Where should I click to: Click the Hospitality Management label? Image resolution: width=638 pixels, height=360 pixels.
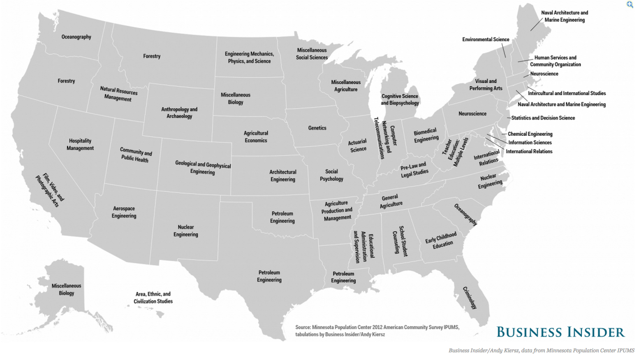click(x=80, y=144)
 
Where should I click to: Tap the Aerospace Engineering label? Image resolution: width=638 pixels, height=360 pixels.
click(x=124, y=212)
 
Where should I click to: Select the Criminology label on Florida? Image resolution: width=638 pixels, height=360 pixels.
click(x=470, y=298)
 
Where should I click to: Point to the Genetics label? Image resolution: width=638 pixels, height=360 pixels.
click(x=317, y=128)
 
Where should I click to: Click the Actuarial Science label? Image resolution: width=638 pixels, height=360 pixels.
click(x=358, y=145)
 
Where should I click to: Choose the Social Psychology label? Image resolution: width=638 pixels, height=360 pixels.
click(x=331, y=175)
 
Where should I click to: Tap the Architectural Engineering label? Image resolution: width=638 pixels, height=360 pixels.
click(x=283, y=176)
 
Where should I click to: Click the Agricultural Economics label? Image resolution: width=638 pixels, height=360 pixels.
click(x=256, y=137)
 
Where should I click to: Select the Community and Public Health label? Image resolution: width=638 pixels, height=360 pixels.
click(x=135, y=155)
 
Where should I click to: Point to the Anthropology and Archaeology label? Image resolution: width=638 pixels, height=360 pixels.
click(x=179, y=113)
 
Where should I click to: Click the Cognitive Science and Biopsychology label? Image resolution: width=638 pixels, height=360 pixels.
click(x=400, y=100)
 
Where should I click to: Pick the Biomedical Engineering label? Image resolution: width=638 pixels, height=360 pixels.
click(x=426, y=135)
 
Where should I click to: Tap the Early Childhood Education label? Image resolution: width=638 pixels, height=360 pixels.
click(x=442, y=240)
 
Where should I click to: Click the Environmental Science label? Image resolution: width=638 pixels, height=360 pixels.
click(x=486, y=40)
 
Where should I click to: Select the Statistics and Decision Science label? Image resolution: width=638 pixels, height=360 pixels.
click(x=543, y=118)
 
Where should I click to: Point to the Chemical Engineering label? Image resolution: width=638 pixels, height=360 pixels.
click(x=530, y=134)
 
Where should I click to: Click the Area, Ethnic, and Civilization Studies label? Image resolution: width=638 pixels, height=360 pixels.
click(x=153, y=298)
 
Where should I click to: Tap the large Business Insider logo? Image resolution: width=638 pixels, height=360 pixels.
click(x=560, y=332)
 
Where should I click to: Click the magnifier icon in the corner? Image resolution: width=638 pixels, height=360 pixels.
click(x=630, y=4)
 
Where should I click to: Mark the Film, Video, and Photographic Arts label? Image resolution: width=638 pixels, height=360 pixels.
click(x=50, y=190)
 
